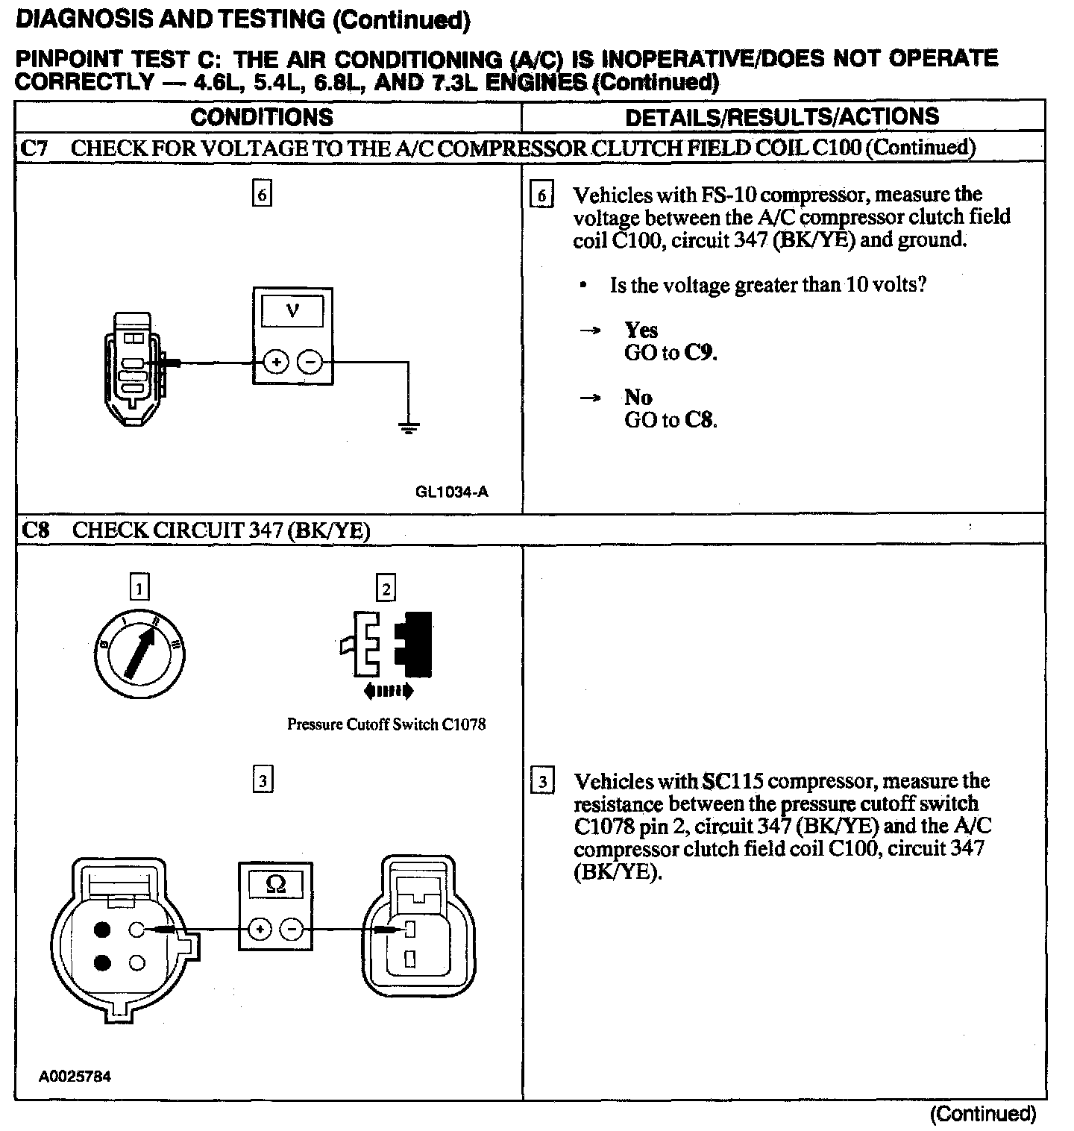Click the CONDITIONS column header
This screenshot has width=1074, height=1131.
point(262,117)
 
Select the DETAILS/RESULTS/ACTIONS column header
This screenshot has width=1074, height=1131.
point(782,117)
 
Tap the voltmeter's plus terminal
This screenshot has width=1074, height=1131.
point(276,363)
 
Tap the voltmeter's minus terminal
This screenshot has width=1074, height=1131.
point(310,363)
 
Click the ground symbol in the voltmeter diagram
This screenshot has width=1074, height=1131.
point(408,427)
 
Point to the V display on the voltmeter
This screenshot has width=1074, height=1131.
point(292,311)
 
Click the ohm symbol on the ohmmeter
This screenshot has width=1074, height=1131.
point(275,885)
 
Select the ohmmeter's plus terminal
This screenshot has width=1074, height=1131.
point(259,930)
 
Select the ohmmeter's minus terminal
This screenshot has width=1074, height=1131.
point(292,930)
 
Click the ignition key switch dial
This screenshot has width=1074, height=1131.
point(142,654)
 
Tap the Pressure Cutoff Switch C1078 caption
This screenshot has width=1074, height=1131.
point(386,724)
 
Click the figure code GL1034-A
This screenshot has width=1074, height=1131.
point(452,492)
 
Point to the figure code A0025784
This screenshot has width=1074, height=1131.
point(75,1077)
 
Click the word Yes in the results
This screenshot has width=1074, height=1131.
point(641,330)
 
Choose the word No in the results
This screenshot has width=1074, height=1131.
point(638,397)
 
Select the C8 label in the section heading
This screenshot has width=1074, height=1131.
point(36,530)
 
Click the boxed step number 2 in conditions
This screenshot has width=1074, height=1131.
point(386,589)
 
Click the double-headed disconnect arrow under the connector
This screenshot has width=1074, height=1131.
point(388,692)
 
